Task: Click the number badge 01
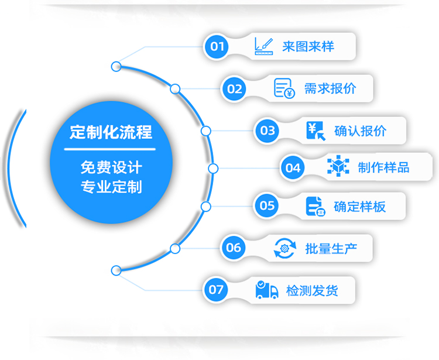point(217,46)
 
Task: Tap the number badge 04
point(293,168)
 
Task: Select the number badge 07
point(216,289)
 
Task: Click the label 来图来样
point(308,46)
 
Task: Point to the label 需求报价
point(330,88)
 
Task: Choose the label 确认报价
point(360,130)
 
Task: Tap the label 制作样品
point(383,168)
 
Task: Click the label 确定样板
point(359,205)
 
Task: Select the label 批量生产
point(331,248)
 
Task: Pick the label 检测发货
point(312,290)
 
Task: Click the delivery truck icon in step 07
point(267,290)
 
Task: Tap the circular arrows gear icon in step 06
point(285,248)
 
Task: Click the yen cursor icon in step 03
point(315,130)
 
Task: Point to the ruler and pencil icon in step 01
point(264,46)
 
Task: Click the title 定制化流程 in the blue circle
point(111,132)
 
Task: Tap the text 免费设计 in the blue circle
point(111,168)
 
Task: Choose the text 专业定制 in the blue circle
point(111,187)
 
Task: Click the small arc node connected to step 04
point(213,169)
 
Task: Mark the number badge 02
point(234,89)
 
